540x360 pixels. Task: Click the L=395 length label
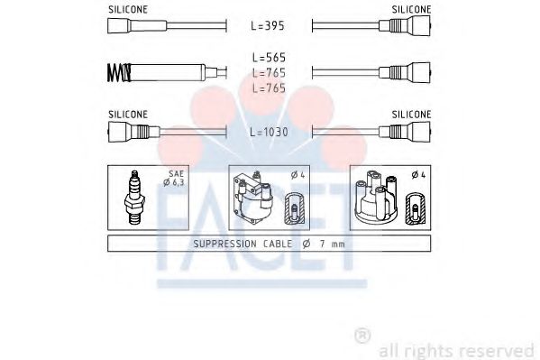pyautogui.click(x=269, y=27)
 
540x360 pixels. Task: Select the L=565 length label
pyautogui.click(x=269, y=57)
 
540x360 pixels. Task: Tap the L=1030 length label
pyautogui.click(x=269, y=132)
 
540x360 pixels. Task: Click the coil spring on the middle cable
pyautogui.click(x=116, y=71)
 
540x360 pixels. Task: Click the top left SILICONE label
pyautogui.click(x=128, y=8)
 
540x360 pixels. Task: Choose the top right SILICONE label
pyautogui.click(x=411, y=8)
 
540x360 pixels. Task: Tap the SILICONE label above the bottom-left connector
pyautogui.click(x=128, y=114)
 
